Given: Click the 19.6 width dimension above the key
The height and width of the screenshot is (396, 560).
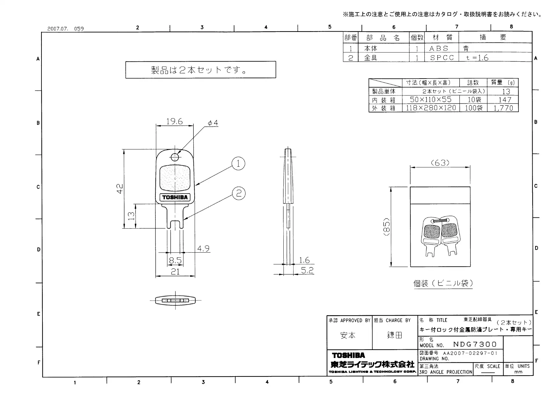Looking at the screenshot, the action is [x=174, y=121].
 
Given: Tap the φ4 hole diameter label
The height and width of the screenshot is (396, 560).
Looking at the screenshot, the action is [x=213, y=123].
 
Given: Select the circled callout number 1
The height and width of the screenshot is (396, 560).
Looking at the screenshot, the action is [x=238, y=164].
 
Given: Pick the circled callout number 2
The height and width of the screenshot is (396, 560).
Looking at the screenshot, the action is [x=238, y=193].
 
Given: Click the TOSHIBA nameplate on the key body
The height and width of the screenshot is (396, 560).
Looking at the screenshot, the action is [x=175, y=197].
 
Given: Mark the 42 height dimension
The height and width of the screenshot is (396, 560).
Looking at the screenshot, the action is [x=120, y=188].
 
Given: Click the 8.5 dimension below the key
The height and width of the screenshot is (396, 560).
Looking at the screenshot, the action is [x=175, y=261].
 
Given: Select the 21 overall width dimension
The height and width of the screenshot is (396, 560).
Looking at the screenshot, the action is [x=175, y=272].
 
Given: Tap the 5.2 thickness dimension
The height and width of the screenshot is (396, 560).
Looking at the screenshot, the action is [x=307, y=270].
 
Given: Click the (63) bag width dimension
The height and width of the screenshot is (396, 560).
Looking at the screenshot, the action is [x=440, y=163].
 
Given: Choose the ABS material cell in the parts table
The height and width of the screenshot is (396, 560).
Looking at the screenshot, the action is [x=439, y=49].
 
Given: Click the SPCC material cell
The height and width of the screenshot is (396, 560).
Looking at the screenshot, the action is [x=442, y=58].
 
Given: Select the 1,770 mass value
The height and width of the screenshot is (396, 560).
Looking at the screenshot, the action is [x=503, y=108].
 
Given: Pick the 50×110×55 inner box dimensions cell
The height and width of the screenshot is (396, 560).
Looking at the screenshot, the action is [x=431, y=100].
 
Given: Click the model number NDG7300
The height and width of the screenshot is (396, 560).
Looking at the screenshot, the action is [x=475, y=344].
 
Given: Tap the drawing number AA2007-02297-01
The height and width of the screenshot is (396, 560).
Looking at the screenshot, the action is [x=470, y=353].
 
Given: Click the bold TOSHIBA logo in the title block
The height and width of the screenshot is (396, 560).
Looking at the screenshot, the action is [x=348, y=355].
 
